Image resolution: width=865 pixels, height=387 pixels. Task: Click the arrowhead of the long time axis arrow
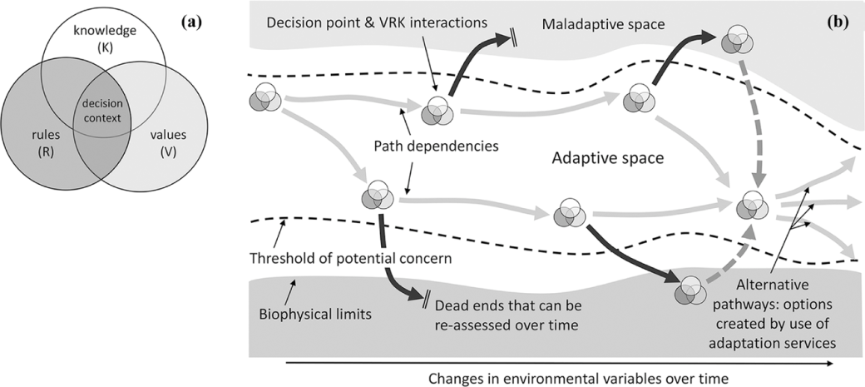[x=833, y=364]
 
